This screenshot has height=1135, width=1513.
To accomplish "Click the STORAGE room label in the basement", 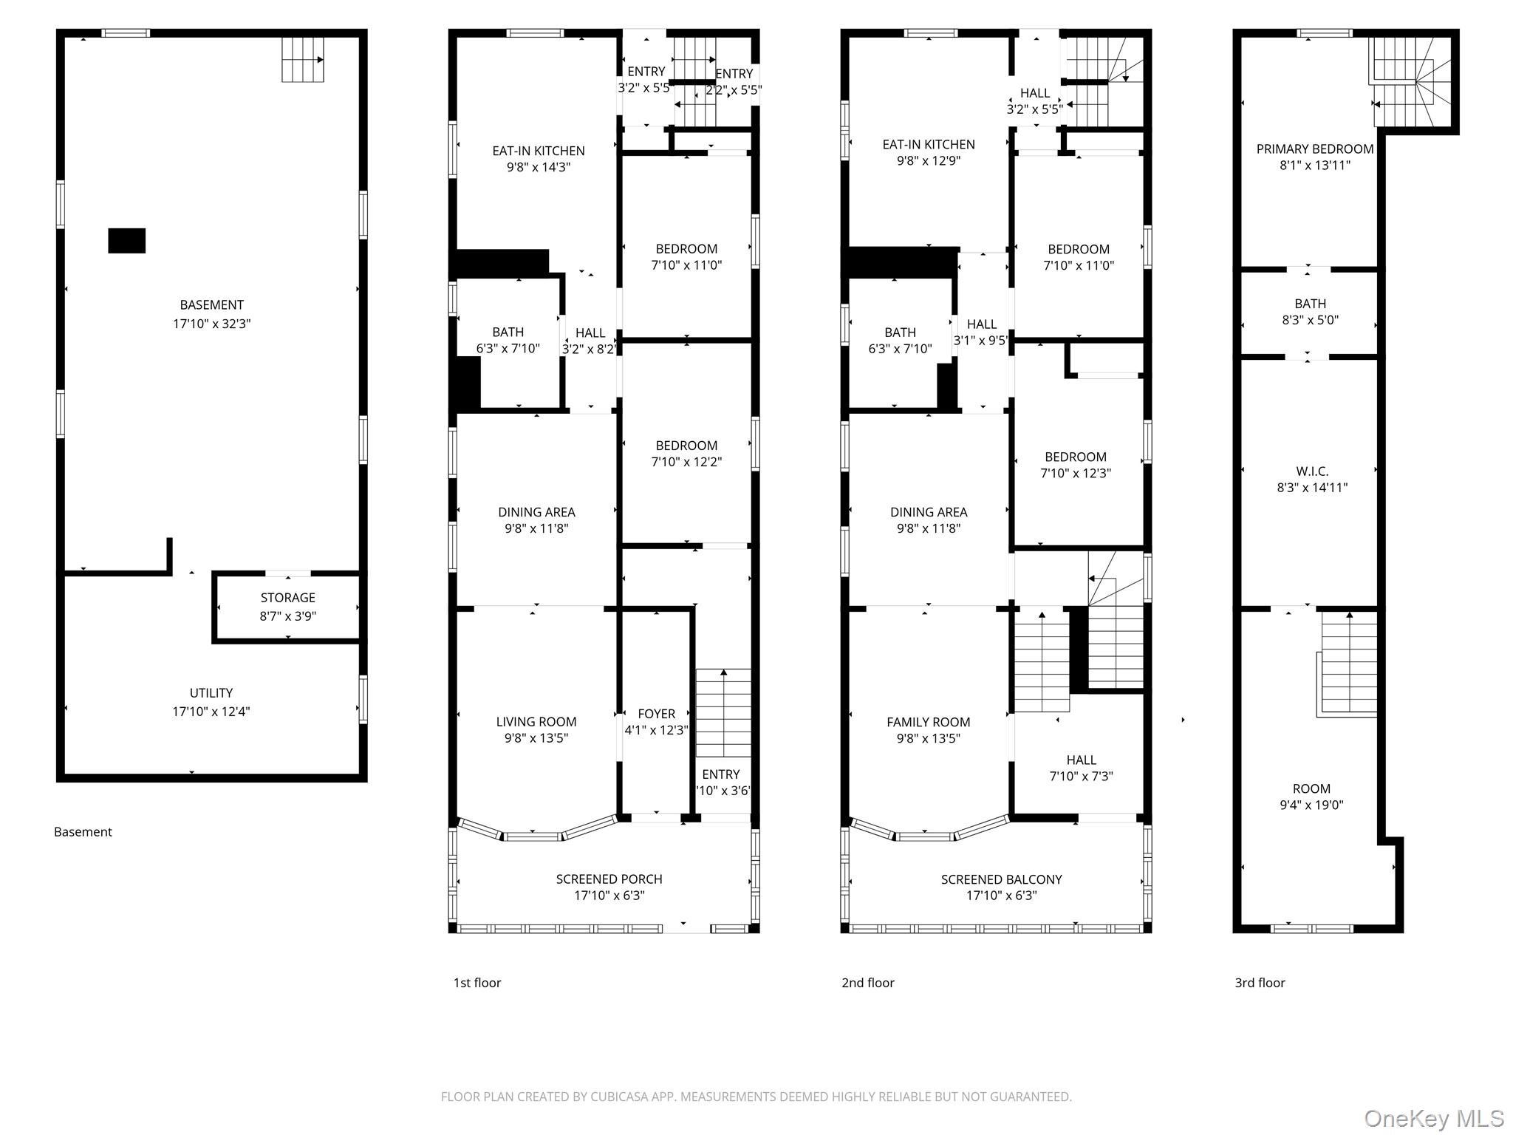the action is click(x=287, y=598).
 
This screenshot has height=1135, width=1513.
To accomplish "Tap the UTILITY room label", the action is click(x=211, y=693).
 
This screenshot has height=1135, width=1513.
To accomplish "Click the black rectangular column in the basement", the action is click(x=127, y=241).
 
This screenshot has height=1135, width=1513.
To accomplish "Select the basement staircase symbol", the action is click(x=303, y=59).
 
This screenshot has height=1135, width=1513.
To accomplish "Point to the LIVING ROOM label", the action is click(x=536, y=722).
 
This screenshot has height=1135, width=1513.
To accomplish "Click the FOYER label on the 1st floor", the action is click(x=657, y=714).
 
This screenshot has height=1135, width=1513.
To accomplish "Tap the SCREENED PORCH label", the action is click(x=609, y=879).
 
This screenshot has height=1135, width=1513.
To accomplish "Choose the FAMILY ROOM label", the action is click(x=929, y=722).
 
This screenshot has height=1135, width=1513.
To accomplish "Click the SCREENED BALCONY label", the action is click(x=1002, y=879).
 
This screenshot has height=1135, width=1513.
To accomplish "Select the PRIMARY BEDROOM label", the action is click(x=1315, y=149).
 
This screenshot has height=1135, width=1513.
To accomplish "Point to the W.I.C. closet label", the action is click(x=1312, y=471).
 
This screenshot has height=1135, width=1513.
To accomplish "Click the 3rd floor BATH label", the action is click(x=1311, y=304).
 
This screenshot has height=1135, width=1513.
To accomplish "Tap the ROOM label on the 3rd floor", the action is click(x=1311, y=789).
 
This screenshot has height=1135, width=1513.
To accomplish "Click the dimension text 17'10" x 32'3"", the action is click(x=212, y=324).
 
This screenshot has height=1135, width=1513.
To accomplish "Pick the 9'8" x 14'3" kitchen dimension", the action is click(x=539, y=167).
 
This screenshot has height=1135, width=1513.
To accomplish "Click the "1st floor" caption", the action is click(x=477, y=983).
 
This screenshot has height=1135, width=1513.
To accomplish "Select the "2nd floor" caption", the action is click(x=868, y=983).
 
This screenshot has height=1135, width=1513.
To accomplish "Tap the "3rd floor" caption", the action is click(x=1260, y=983).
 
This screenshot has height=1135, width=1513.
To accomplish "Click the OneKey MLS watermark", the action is click(x=1433, y=1118).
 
